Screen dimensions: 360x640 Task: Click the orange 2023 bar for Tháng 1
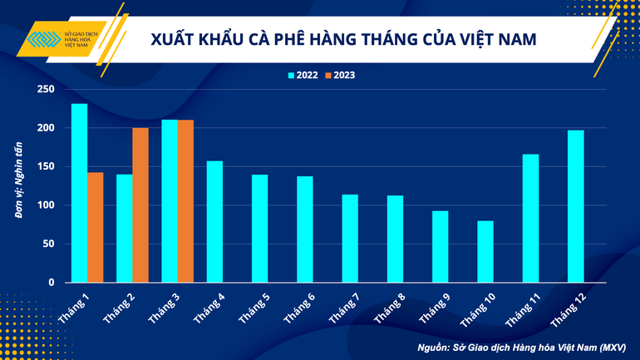point(96,227)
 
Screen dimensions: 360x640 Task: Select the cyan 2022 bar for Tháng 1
point(80,193)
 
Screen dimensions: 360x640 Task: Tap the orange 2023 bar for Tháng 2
point(140,205)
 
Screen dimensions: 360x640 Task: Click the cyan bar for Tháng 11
point(530,218)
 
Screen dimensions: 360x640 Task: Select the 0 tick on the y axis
point(51,283)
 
